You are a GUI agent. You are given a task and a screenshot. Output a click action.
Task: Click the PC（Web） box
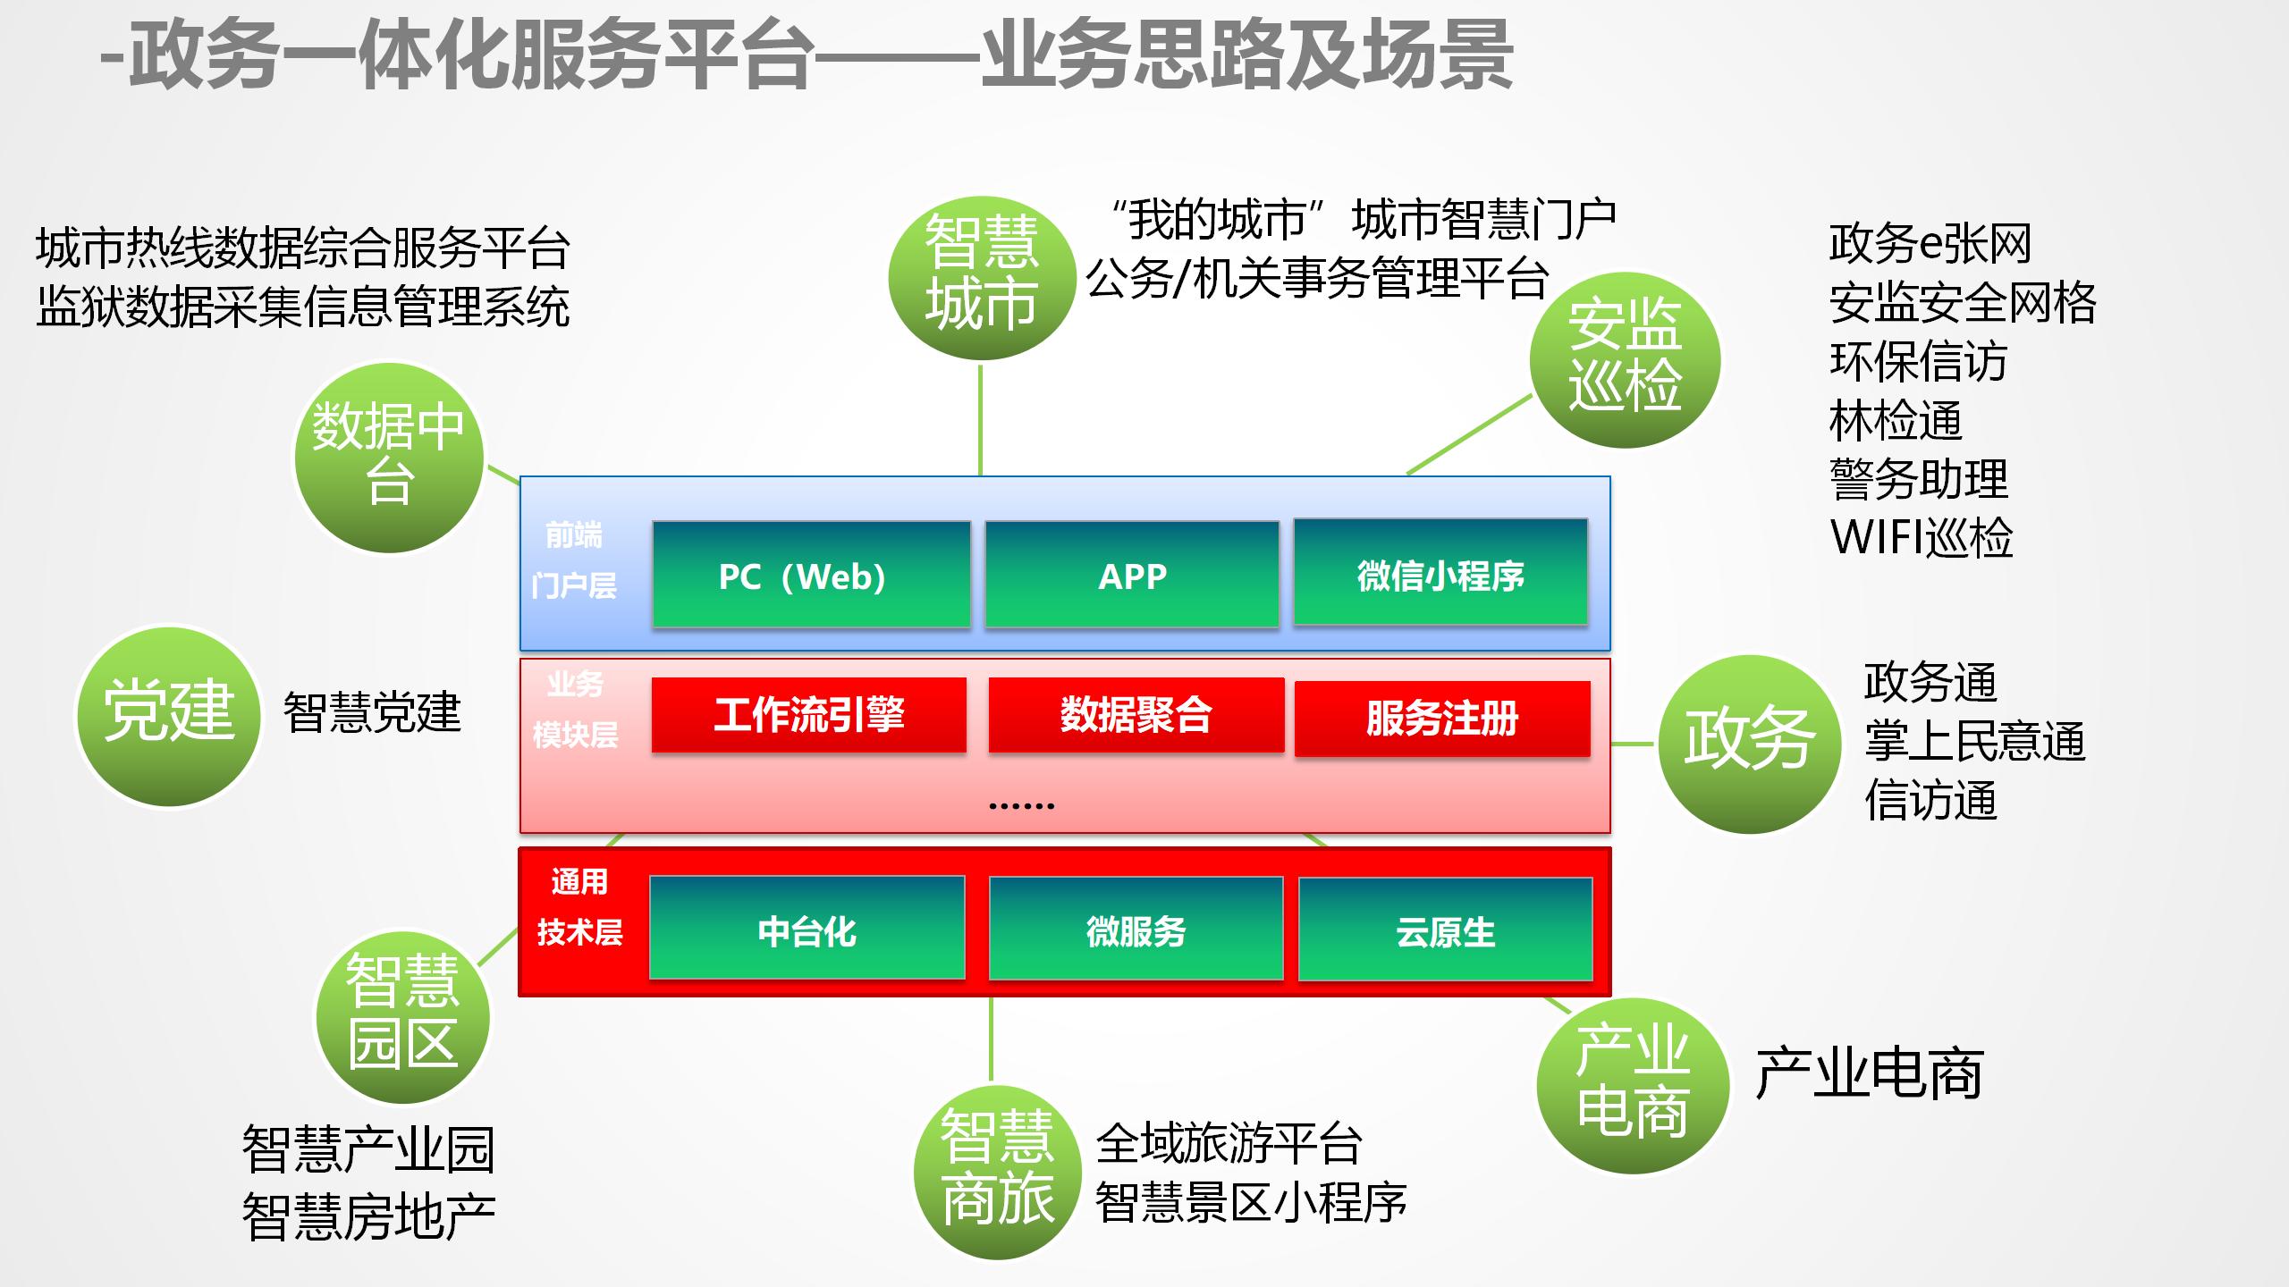811,575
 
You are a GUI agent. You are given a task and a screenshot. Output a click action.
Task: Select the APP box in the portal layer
1132,575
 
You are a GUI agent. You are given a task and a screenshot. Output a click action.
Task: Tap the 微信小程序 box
1440,572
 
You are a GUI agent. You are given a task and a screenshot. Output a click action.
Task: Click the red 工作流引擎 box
808,715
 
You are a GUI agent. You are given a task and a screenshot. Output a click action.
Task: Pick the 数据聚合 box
1136,715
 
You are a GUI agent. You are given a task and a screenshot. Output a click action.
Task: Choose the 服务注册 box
1442,719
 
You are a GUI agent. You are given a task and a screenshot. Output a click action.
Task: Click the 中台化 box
807,928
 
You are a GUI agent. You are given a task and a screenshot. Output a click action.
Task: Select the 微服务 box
1136,929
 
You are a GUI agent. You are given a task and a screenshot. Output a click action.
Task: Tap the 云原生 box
1445,929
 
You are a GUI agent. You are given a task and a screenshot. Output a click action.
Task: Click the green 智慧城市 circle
982,277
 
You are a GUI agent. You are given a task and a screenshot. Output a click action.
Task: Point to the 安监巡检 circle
1625,359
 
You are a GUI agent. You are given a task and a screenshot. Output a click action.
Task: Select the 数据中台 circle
389,457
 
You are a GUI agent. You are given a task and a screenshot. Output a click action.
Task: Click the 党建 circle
168,715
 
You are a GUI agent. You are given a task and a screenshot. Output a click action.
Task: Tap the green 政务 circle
1749,744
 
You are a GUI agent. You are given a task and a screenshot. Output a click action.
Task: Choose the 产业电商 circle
1632,1085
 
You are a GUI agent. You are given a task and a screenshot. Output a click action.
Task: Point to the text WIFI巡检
1922,538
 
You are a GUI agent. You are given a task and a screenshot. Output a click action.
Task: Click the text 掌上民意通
1974,742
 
